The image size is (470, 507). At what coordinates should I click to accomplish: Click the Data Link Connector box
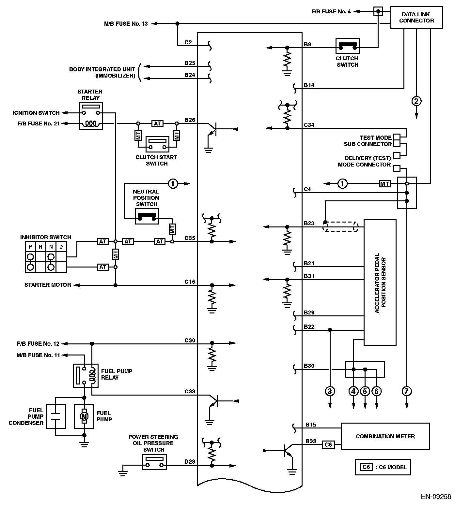click(x=416, y=18)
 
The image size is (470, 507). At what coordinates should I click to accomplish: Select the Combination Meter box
click(x=385, y=436)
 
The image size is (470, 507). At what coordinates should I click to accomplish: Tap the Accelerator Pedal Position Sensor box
click(x=380, y=282)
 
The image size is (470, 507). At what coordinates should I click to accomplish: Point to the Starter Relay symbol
click(x=91, y=116)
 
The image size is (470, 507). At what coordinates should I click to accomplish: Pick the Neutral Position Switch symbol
click(x=147, y=216)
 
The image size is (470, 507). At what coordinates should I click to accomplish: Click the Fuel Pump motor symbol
click(x=84, y=416)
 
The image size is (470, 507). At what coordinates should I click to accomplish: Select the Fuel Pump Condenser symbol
click(x=55, y=416)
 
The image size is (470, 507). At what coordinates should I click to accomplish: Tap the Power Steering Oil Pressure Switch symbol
click(x=154, y=462)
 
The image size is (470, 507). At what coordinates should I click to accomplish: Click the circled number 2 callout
click(x=416, y=101)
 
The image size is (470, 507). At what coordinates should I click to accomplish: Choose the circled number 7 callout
click(x=407, y=391)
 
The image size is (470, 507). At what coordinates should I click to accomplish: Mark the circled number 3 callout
click(x=330, y=391)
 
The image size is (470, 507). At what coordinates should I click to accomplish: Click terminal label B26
click(x=190, y=120)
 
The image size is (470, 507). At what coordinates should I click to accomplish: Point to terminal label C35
click(x=190, y=238)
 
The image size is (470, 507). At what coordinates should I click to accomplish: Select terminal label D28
click(x=190, y=461)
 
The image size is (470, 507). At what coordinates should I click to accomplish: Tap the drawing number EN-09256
click(x=436, y=497)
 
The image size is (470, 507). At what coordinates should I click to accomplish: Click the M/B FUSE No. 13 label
click(x=126, y=24)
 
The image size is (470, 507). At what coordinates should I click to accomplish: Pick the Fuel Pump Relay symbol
click(x=86, y=375)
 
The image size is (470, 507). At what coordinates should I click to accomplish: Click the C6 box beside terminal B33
click(x=328, y=444)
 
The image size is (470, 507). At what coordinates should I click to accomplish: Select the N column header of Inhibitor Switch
click(x=51, y=247)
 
